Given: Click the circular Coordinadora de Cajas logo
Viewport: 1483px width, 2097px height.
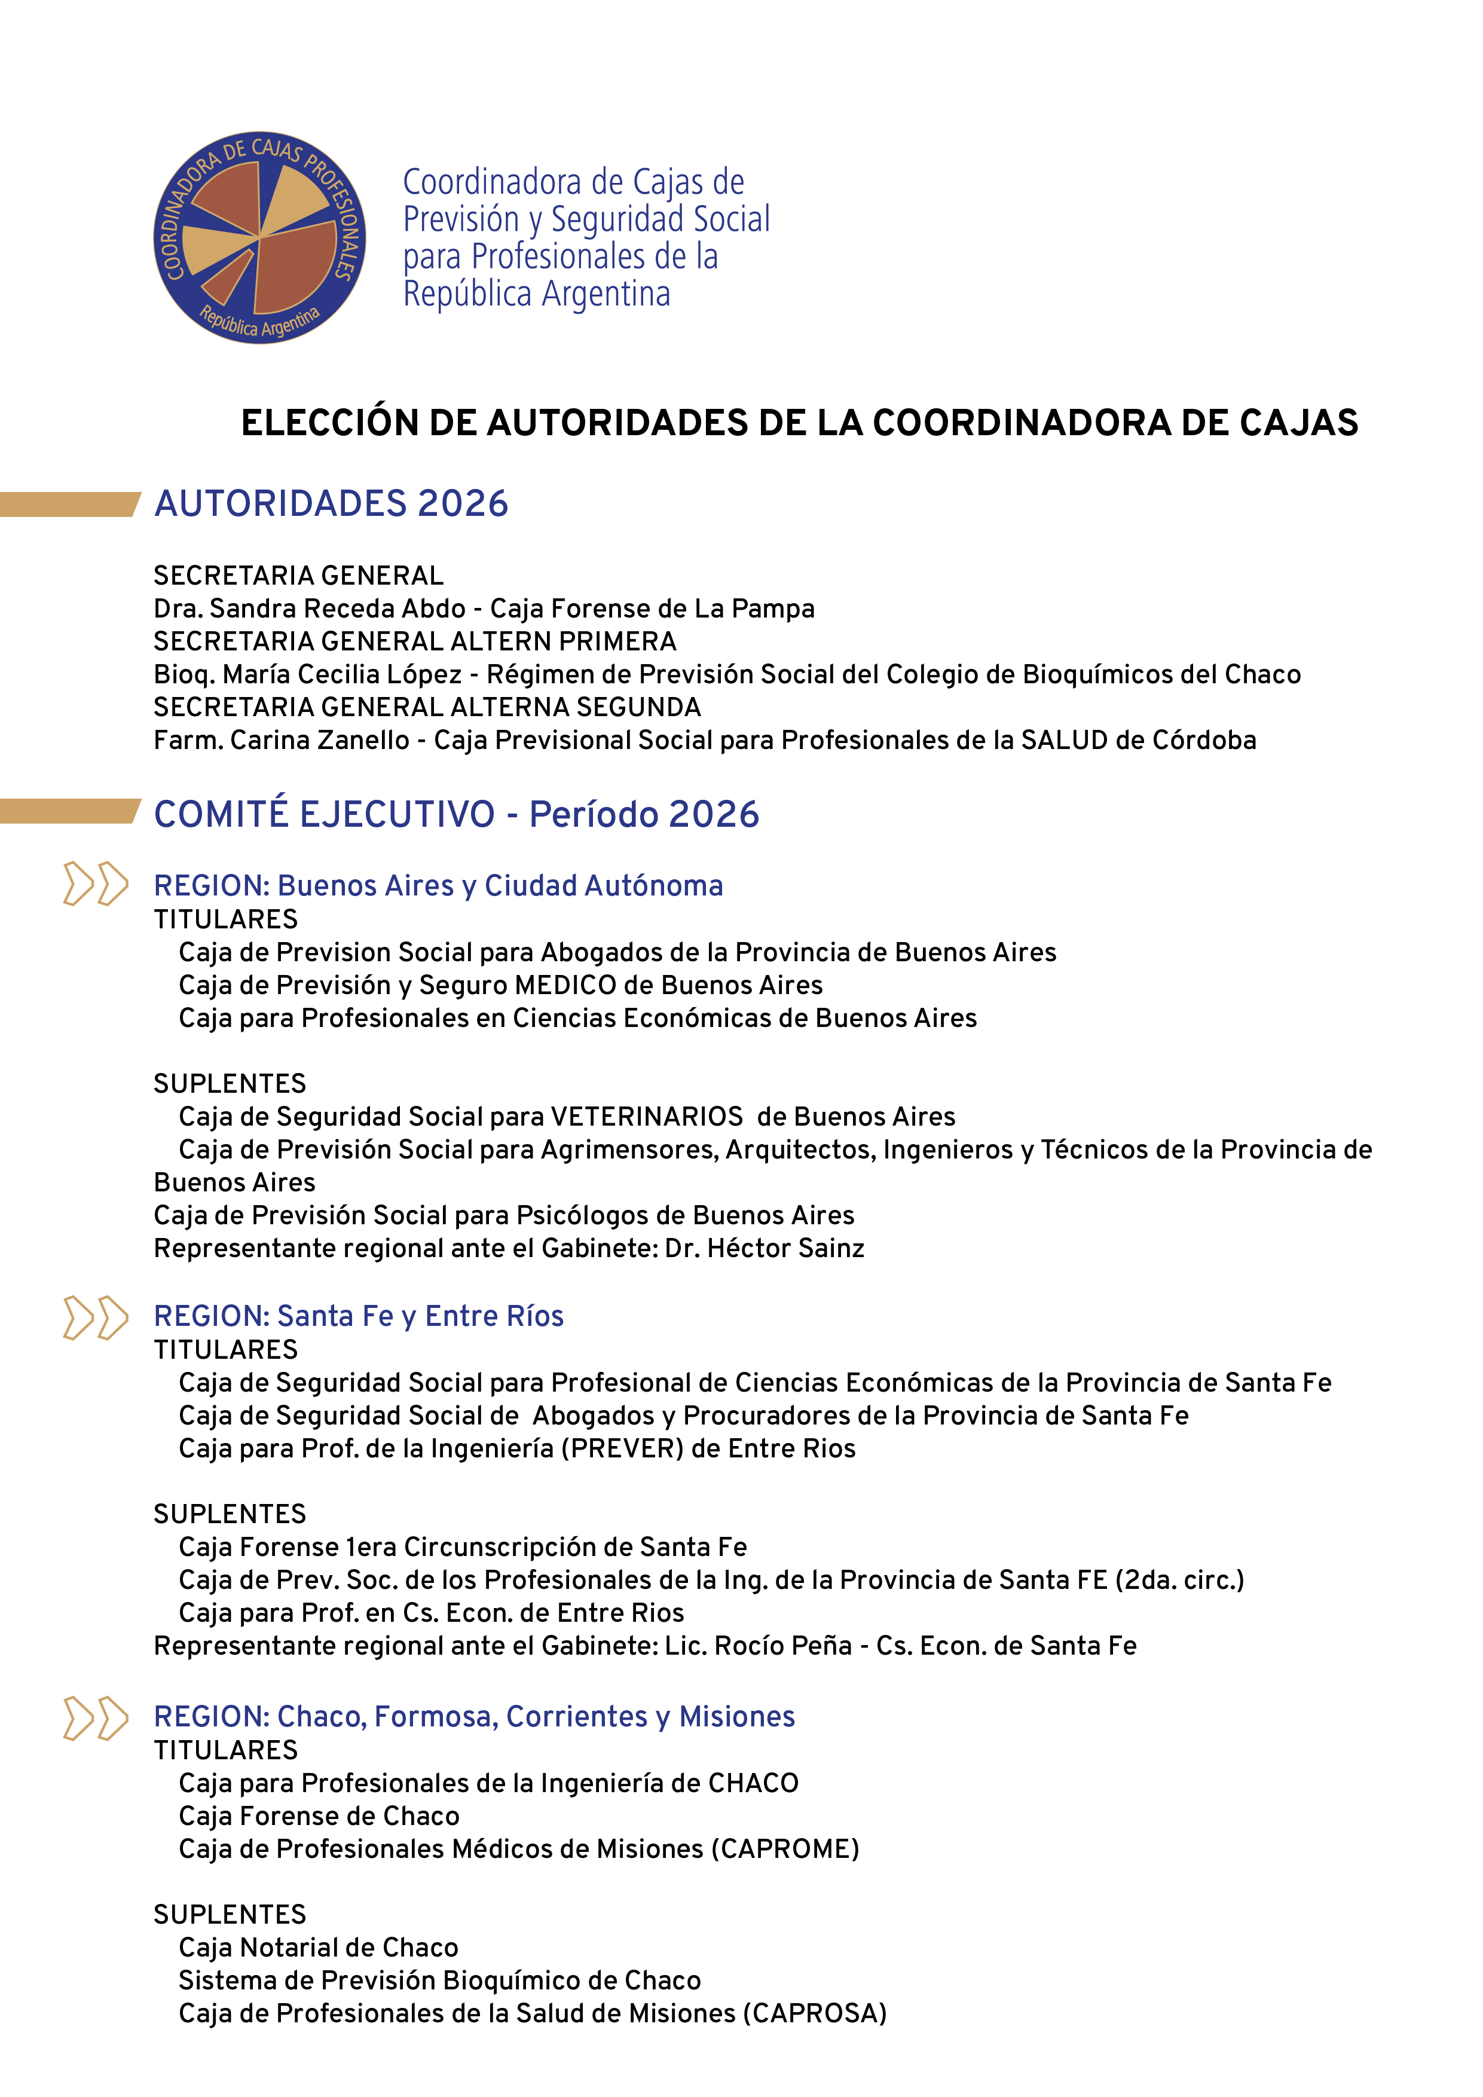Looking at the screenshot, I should click(259, 237).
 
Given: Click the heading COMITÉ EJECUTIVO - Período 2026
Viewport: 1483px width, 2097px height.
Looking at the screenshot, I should click(455, 814).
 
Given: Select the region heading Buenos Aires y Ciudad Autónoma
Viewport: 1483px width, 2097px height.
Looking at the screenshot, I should click(438, 885).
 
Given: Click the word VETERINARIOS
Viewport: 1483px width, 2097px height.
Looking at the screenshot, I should click(647, 1116).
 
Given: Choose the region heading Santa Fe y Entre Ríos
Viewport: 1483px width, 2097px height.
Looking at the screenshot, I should click(358, 1315).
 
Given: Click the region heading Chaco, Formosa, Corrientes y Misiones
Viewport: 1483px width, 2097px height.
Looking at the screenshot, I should click(474, 1716).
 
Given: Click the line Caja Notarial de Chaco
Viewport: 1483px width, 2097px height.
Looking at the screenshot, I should click(319, 1946).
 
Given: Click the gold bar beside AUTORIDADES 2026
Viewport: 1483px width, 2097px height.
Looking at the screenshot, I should click(69, 504).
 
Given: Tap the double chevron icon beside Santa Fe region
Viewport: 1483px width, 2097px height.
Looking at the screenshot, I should click(95, 1317).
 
